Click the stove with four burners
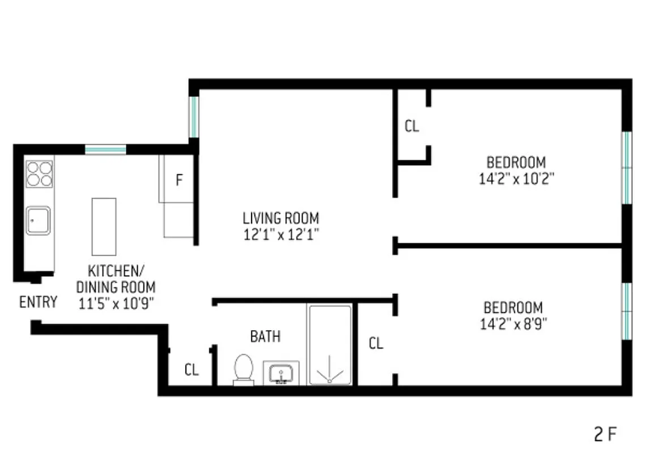click(x=39, y=174)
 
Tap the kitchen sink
click(x=38, y=220)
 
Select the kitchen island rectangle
click(x=104, y=226)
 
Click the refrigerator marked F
click(x=179, y=181)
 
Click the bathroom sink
click(x=281, y=374)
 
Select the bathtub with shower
click(x=329, y=345)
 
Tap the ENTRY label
click(x=38, y=302)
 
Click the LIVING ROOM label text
click(x=281, y=218)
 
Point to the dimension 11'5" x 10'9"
click(x=116, y=304)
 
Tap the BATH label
click(x=265, y=336)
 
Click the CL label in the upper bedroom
click(x=411, y=126)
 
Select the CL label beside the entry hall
click(x=192, y=370)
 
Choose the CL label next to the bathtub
click(x=376, y=343)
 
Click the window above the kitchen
click(x=105, y=149)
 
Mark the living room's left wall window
click(x=194, y=117)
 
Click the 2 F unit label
click(x=605, y=435)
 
